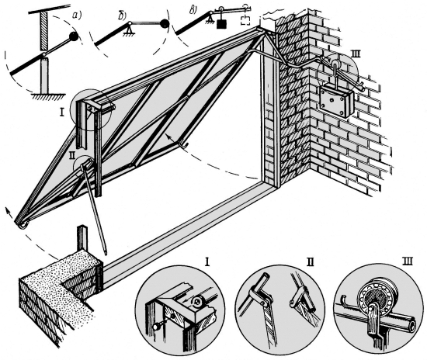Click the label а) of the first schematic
pyautogui.click(x=78, y=16)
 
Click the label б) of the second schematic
pyautogui.click(x=122, y=16)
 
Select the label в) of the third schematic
pyautogui.click(x=193, y=10)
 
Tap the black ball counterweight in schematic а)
pyautogui.click(x=74, y=36)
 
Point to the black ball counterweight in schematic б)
pyautogui.click(x=165, y=24)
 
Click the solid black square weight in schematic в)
pyautogui.click(x=222, y=24)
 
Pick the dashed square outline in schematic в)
pyautogui.click(x=245, y=20)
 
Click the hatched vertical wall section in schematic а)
pyautogui.click(x=43, y=32)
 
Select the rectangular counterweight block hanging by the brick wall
pyautogui.click(x=337, y=101)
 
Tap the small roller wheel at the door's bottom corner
pyautogui.click(x=24, y=226)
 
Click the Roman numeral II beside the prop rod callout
pyautogui.click(x=72, y=155)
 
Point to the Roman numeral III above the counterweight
pyautogui.click(x=356, y=54)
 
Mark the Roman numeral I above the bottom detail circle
pyautogui.click(x=207, y=262)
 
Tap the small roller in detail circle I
pyautogui.click(x=198, y=301)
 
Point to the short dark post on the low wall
pyautogui.click(x=82, y=238)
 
